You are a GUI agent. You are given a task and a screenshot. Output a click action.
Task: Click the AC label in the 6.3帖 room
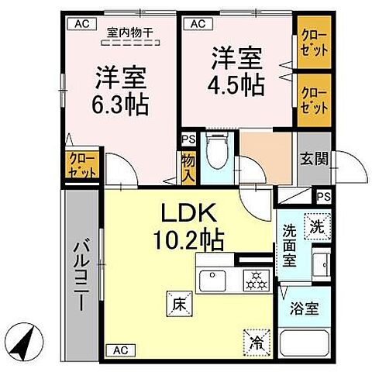click(81, 24)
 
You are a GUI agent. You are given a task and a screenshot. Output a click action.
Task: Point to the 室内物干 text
click(129, 33)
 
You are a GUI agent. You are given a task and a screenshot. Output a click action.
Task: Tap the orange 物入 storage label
click(188, 166)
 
